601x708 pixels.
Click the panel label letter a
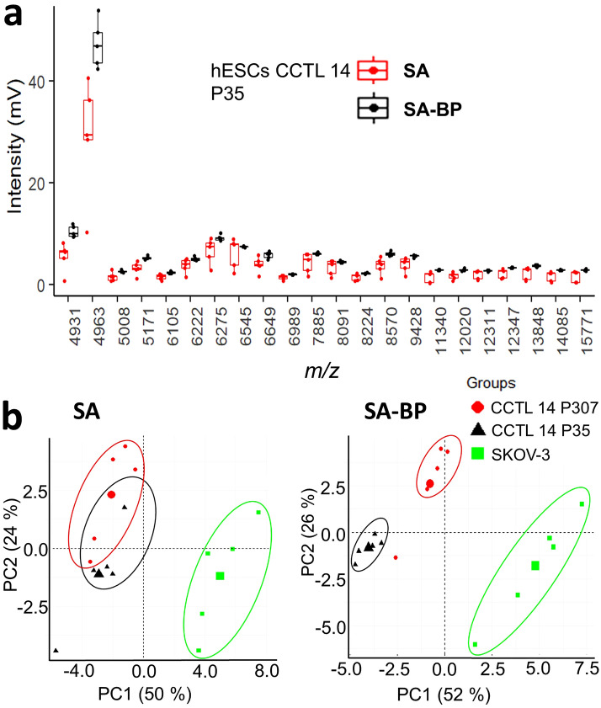[x=19, y=17]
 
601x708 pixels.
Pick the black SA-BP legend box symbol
[x=372, y=109]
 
